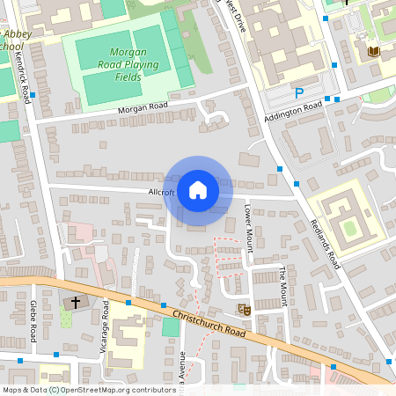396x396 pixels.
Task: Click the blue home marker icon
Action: (198, 189)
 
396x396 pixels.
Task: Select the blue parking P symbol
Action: (299, 92)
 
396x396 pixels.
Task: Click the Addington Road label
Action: (292, 113)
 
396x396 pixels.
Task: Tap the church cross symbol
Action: (75, 303)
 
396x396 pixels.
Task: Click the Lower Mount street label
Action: (248, 229)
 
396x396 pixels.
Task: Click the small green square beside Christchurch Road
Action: (171, 327)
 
